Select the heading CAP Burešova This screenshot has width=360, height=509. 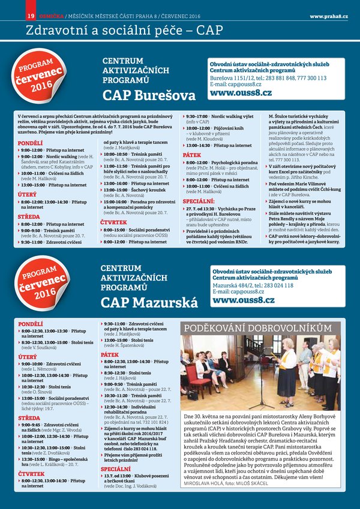(149, 95)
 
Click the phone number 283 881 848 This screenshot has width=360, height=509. (285, 78)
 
